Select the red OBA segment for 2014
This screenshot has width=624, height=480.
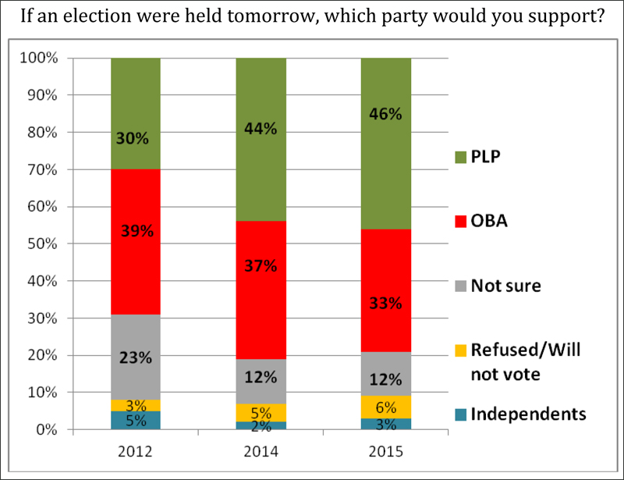[x=261, y=234]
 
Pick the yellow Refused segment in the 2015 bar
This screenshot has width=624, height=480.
[x=385, y=407]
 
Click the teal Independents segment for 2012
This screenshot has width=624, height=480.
[x=136, y=420]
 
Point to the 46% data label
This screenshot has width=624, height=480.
[x=385, y=114]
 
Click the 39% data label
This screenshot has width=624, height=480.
[x=136, y=231]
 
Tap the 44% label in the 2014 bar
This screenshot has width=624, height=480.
[x=261, y=129]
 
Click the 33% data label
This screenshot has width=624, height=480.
[x=385, y=303]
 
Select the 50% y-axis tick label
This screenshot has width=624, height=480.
[x=42, y=244]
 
